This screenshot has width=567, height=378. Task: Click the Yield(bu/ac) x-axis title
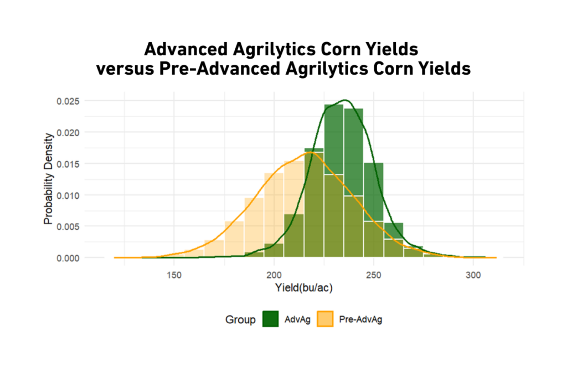[x=303, y=288]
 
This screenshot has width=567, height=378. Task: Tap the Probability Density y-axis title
[x=49, y=179]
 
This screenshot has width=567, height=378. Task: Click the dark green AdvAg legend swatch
[x=270, y=319]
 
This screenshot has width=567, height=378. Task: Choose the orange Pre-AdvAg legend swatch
[x=324, y=319]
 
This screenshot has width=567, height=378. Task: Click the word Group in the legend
[x=240, y=320]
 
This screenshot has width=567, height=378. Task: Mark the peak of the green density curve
[x=346, y=100]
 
